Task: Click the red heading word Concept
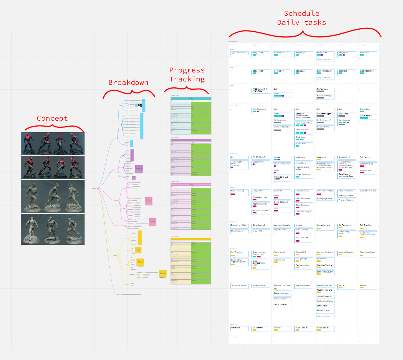52,118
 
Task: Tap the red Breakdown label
128,83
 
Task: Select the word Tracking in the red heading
187,79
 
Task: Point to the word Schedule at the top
302,14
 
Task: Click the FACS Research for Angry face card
261,90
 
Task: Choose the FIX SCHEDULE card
261,157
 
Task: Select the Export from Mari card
239,225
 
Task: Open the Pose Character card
261,286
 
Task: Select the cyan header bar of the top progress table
191,98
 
